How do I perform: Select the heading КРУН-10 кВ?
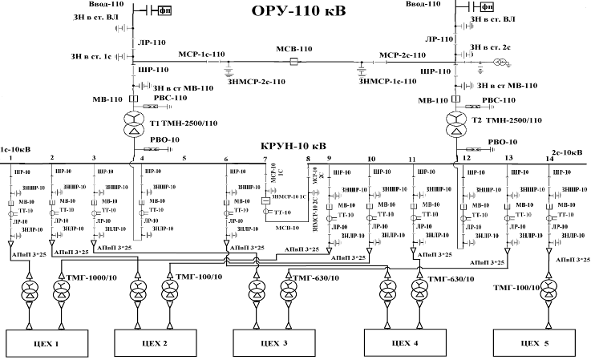pos(293,147)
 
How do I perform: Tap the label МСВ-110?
pos(293,48)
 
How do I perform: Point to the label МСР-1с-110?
pos(201,54)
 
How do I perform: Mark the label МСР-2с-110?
pos(400,55)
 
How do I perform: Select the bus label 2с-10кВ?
pos(568,151)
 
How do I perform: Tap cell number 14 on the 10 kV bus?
pos(549,160)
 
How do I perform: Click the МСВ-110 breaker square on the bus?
pos(293,61)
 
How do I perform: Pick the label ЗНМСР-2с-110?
pos(257,81)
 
